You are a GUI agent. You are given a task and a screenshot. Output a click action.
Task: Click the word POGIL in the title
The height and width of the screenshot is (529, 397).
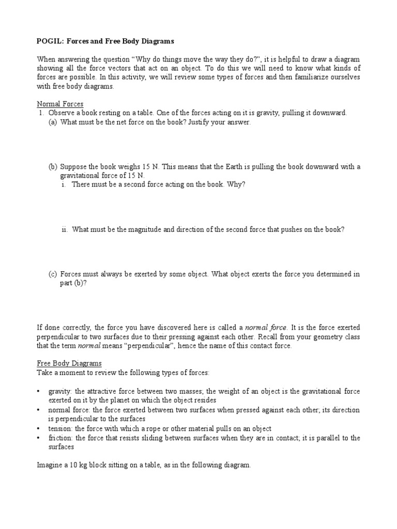coord(50,41)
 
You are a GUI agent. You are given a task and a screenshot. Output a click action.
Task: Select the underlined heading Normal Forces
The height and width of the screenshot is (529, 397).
coord(60,104)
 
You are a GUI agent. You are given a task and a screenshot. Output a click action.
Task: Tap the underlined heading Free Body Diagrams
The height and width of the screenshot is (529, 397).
coord(69,363)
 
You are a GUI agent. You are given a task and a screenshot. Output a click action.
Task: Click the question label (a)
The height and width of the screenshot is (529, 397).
coord(53,122)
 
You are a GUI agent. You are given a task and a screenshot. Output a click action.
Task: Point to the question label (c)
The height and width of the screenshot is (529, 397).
coord(53,274)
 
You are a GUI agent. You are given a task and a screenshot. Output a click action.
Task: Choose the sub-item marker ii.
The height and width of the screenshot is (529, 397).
coord(65,229)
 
